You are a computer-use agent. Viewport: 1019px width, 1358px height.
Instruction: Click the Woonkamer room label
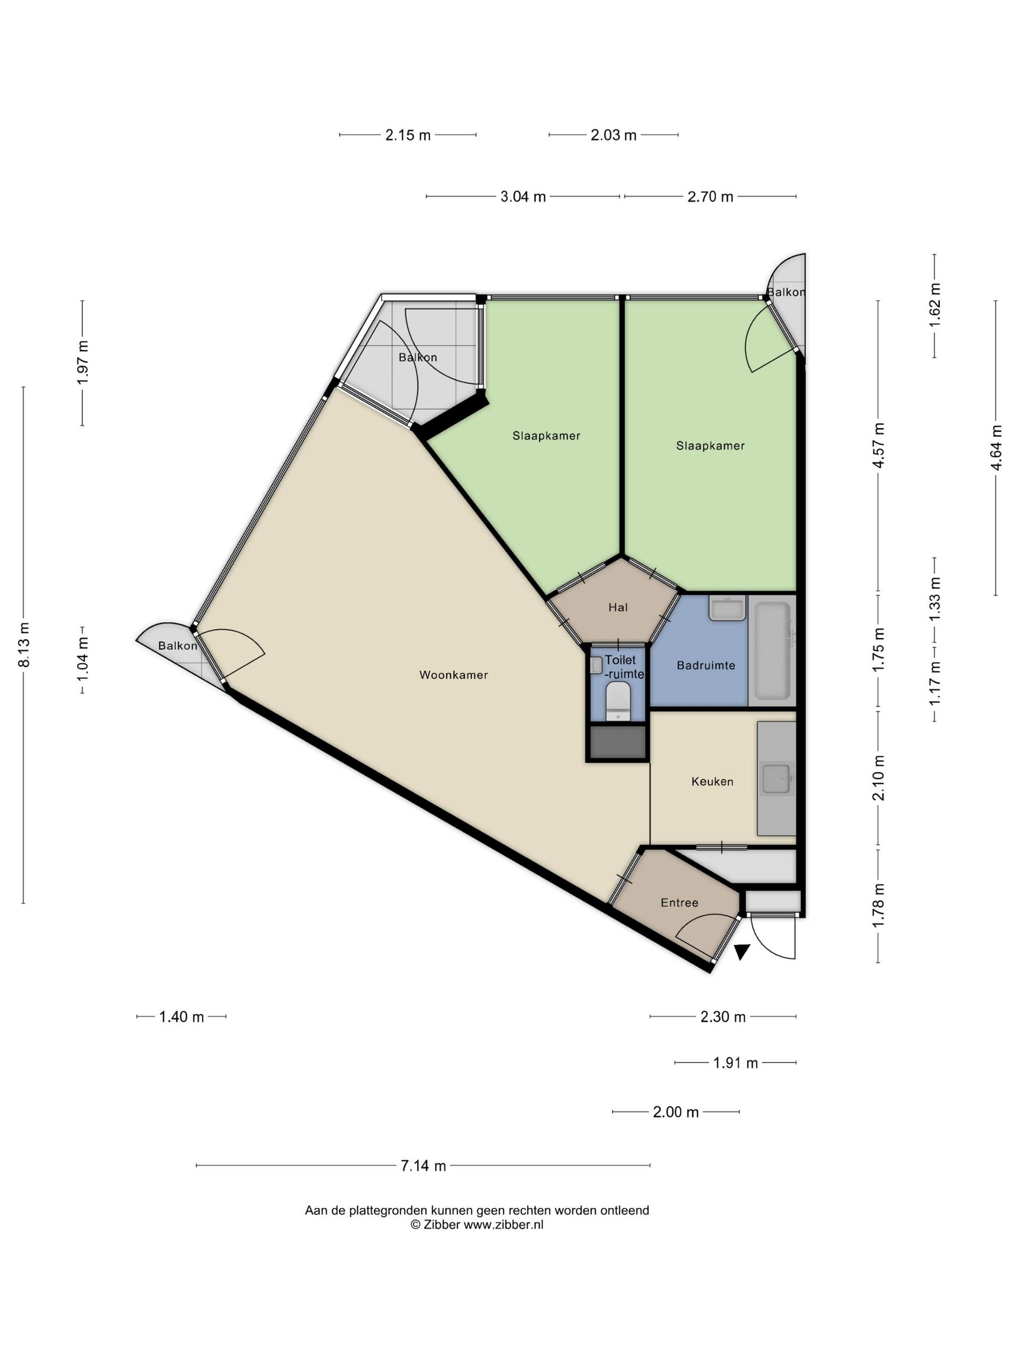click(453, 675)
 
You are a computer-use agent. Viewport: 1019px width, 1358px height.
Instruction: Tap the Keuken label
click(712, 781)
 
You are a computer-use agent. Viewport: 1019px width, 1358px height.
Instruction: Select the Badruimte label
click(706, 665)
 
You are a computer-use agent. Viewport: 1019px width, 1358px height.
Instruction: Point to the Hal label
click(618, 607)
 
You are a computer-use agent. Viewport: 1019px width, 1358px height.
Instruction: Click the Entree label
click(679, 902)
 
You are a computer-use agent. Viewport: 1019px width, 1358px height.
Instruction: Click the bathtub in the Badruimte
click(772, 651)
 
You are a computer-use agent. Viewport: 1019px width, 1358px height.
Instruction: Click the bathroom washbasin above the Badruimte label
click(728, 608)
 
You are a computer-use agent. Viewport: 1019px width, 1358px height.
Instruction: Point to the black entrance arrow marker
click(742, 952)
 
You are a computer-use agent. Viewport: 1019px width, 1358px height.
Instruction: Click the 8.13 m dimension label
click(23, 645)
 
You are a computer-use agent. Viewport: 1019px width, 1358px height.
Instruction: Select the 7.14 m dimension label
click(423, 1165)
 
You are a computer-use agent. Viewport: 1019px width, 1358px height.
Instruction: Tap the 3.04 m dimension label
click(523, 196)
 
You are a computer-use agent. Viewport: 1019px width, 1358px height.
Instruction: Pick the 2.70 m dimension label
click(710, 196)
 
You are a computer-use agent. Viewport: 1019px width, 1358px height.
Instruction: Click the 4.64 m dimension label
click(996, 448)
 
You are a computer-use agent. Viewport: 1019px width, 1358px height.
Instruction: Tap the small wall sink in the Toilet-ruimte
click(596, 666)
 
